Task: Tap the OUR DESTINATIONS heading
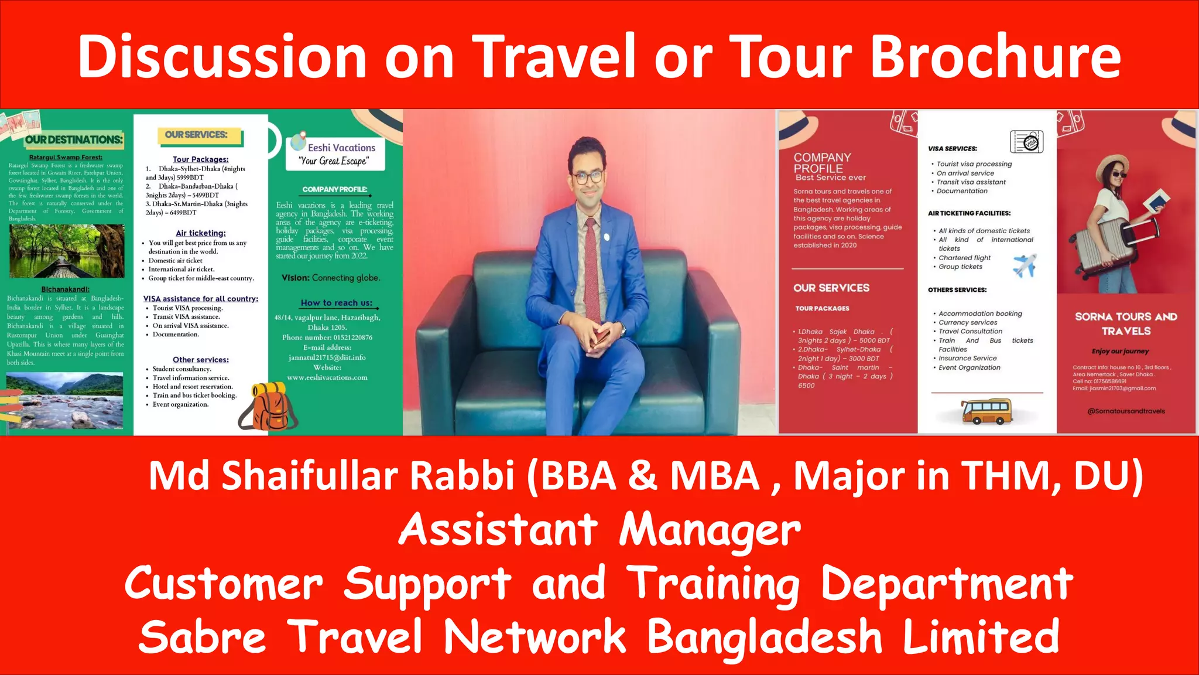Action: [74, 139]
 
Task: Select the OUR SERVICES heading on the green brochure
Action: [196, 135]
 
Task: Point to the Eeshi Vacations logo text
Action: [341, 148]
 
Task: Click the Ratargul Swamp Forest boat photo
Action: [67, 251]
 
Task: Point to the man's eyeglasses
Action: [587, 177]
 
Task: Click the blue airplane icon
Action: [1025, 265]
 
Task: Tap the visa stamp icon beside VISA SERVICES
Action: [1026, 142]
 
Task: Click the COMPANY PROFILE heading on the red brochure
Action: [821, 163]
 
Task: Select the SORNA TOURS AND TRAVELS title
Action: [1125, 323]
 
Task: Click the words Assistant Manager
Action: [599, 529]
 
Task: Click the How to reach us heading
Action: [336, 303]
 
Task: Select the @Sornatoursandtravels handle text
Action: [1125, 411]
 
